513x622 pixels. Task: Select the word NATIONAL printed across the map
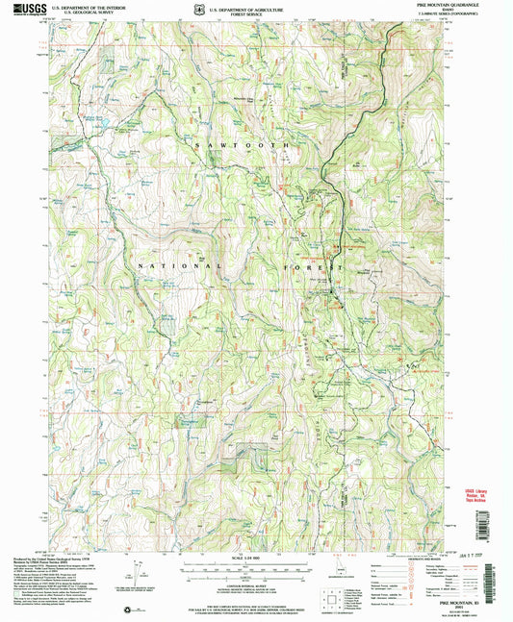[x=179, y=265]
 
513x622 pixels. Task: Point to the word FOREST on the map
[x=321, y=264]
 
